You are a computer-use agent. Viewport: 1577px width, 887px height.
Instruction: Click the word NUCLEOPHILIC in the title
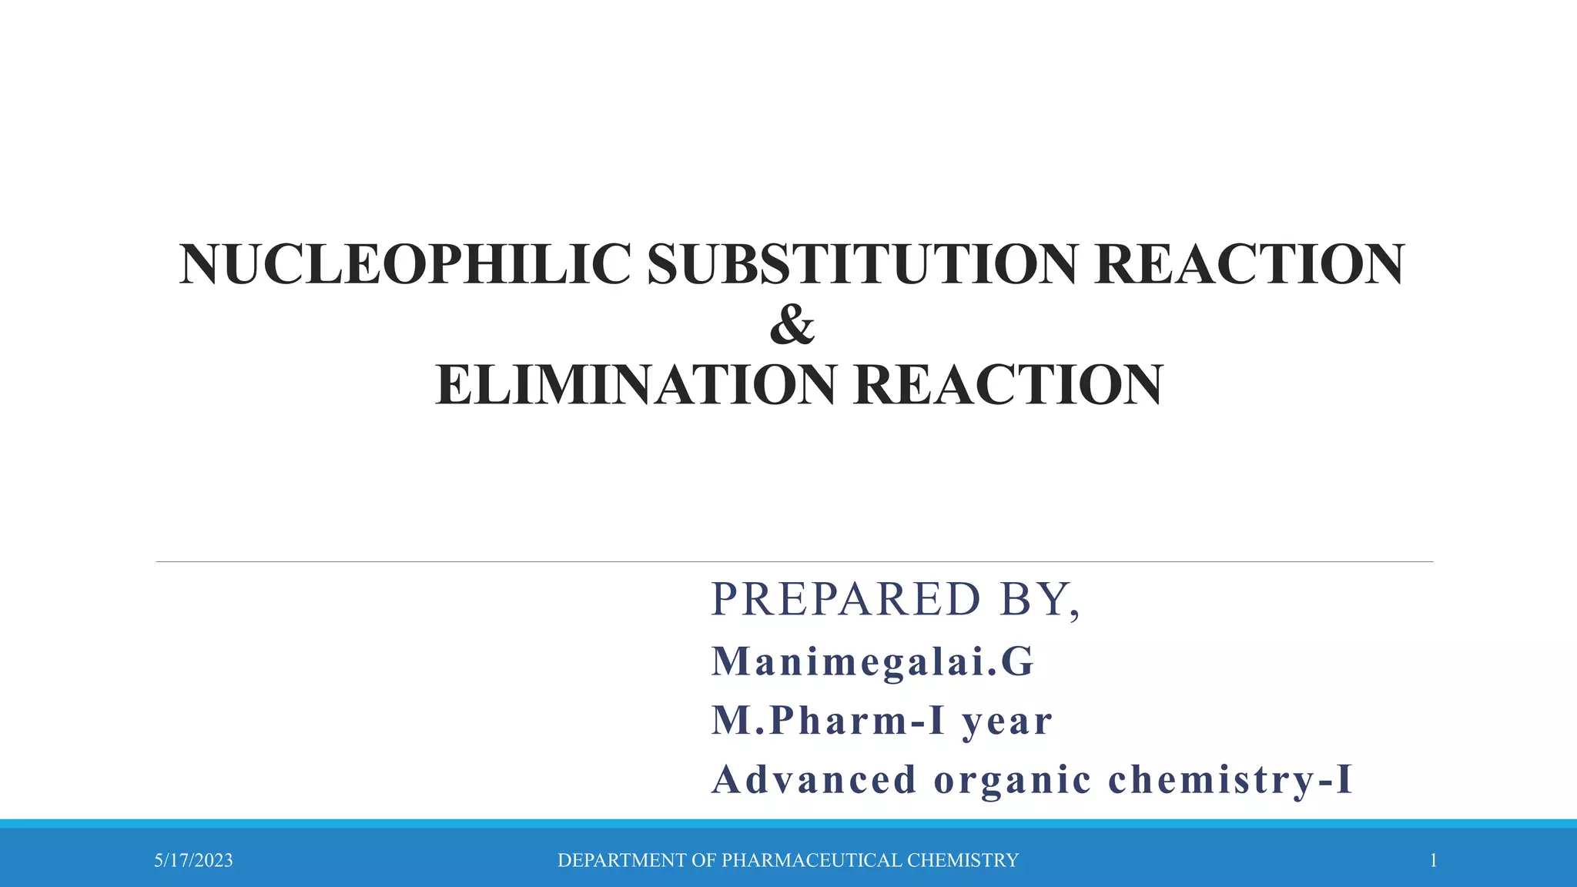(405, 264)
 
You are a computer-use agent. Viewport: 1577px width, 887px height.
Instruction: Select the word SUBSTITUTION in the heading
(862, 264)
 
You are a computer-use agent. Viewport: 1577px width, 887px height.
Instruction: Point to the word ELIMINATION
(635, 385)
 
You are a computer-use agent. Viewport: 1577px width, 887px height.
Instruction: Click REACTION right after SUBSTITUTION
(1249, 264)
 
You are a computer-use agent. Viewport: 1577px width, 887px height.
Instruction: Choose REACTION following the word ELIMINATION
(1008, 385)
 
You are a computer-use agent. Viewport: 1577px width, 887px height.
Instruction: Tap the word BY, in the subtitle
(1040, 599)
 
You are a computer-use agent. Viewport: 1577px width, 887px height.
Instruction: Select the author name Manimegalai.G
(872, 661)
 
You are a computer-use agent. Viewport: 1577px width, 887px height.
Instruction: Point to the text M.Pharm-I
(828, 721)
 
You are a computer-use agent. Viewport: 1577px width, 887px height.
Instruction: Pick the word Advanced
(814, 779)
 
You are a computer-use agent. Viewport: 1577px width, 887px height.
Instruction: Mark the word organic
(1013, 781)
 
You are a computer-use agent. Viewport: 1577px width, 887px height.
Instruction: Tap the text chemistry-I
(1230, 779)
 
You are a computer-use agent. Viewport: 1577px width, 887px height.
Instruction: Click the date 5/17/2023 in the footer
(193, 860)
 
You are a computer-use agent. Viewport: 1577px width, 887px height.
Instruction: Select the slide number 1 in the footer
(1433, 860)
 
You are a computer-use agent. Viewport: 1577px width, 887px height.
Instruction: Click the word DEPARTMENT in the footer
(622, 860)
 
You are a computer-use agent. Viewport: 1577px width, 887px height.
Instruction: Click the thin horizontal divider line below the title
(793, 562)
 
